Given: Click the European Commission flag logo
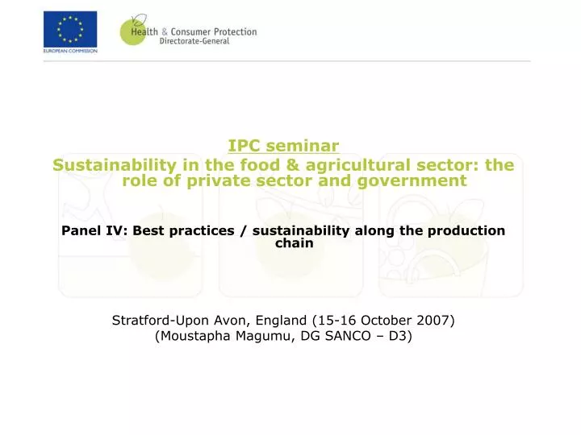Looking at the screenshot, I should point(70,29).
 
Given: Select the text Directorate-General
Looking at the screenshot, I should point(194,42).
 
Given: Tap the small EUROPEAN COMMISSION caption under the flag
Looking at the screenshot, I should point(70,51).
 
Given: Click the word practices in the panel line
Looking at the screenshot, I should point(202,231).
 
